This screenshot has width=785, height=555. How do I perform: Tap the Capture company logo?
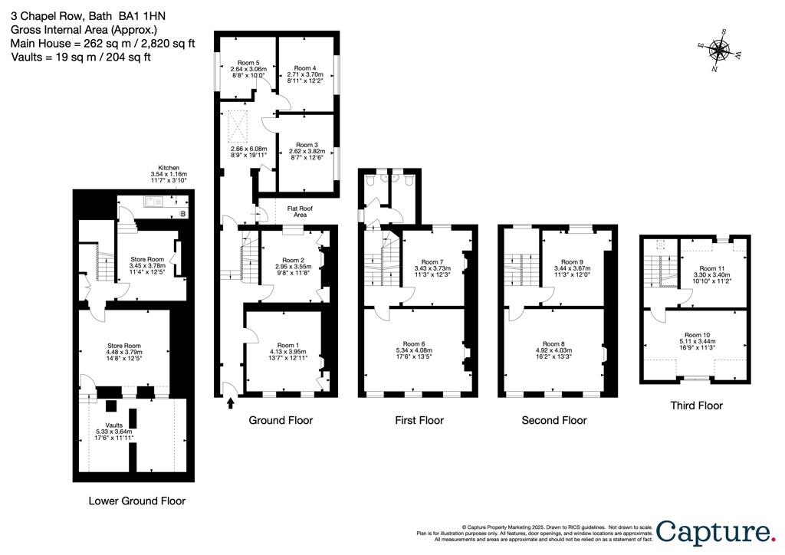point(714,533)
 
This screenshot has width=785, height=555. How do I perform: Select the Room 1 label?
point(287,346)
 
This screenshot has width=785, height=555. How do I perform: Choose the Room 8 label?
point(553,344)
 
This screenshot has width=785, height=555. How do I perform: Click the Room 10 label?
point(697,335)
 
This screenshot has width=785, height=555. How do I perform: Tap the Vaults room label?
point(113,425)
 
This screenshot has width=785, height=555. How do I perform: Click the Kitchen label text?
point(168,167)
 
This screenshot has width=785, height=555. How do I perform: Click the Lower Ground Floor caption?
point(136,501)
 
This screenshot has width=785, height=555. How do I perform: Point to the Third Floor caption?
point(696,406)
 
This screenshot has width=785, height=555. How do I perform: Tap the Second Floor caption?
point(553,420)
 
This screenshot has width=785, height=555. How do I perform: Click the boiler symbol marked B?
point(182,213)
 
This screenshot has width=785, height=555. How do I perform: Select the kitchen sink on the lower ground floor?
point(150,203)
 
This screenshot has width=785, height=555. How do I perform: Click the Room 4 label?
point(305,67)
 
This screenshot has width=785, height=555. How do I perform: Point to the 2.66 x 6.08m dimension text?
point(248,149)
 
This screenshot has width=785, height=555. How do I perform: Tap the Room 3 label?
point(305,144)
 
